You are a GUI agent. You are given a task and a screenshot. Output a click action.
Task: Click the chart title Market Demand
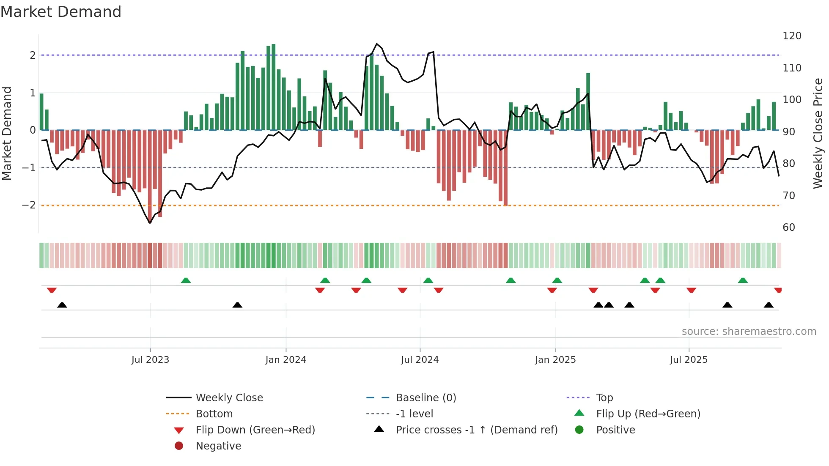pos(61,12)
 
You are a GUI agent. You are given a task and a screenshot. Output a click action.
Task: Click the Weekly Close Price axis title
pos(818,133)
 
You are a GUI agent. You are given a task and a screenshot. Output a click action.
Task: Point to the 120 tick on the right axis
pos(792,36)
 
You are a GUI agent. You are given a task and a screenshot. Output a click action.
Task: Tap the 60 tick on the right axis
pos(789,228)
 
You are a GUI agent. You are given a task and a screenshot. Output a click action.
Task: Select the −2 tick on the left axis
pos(29,205)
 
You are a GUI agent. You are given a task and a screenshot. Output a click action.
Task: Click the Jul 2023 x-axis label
pos(150,360)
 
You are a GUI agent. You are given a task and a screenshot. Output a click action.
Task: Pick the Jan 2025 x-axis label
pos(555,360)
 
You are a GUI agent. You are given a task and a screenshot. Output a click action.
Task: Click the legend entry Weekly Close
pos(229,398)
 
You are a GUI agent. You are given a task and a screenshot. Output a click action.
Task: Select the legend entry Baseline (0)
pos(425,398)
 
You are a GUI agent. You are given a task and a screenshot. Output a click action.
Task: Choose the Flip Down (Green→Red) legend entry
pos(255,430)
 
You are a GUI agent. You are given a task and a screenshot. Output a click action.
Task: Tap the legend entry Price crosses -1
pos(476,430)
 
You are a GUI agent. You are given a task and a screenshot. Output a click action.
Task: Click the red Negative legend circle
pos(179,446)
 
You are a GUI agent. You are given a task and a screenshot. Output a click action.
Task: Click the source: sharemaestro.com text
pos(749,332)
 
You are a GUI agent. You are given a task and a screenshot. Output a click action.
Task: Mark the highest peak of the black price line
pos(377,44)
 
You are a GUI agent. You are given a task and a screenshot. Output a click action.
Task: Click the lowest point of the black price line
pos(150,223)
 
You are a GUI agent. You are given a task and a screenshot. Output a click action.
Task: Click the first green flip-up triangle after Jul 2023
pos(186,280)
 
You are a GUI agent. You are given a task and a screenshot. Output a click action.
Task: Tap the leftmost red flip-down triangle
pos(52,290)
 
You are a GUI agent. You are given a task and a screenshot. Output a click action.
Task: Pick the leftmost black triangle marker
pos(62,305)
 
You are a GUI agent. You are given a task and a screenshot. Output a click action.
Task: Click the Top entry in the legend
pos(604,398)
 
